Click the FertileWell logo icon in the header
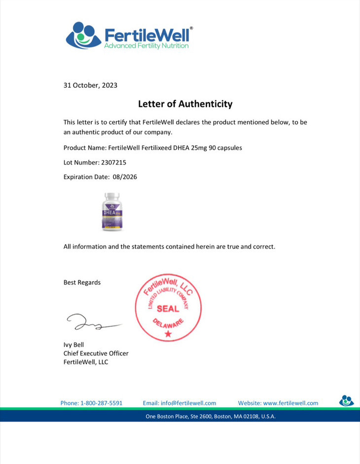click(x=83, y=36)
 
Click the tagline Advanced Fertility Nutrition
click(x=146, y=46)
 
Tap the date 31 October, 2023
click(x=90, y=85)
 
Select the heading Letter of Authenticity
click(x=185, y=104)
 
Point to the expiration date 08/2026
click(x=125, y=177)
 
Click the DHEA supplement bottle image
click(x=112, y=212)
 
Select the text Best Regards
click(x=82, y=283)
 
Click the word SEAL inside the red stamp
click(x=168, y=309)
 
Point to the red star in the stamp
click(x=168, y=334)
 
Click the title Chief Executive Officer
click(x=96, y=354)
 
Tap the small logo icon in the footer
click(x=346, y=400)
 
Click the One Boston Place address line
click(x=211, y=417)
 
